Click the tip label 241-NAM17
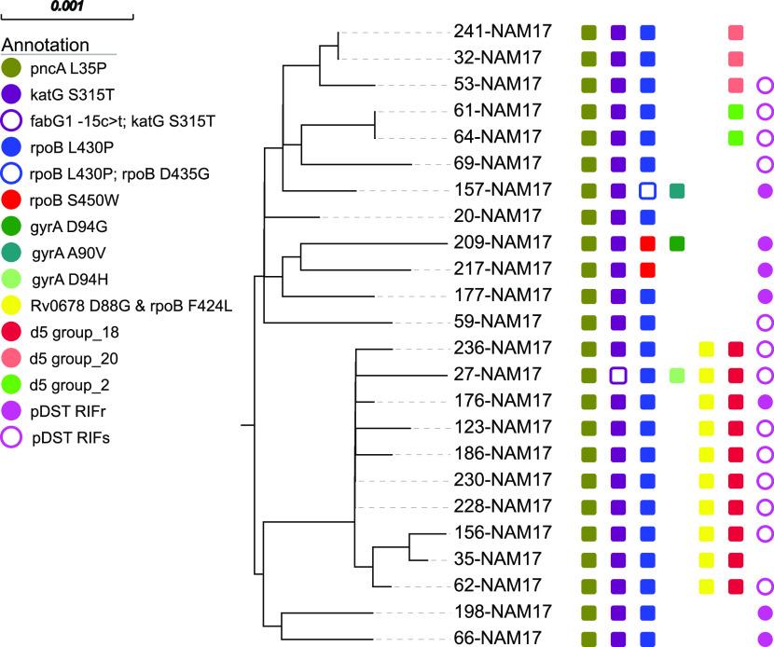click(x=503, y=32)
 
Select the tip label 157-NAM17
click(x=503, y=190)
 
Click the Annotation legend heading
click(x=46, y=45)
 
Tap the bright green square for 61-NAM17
click(x=737, y=112)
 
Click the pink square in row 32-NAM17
click(x=737, y=59)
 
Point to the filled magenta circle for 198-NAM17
click(x=766, y=613)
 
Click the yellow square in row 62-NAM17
click(x=707, y=586)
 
